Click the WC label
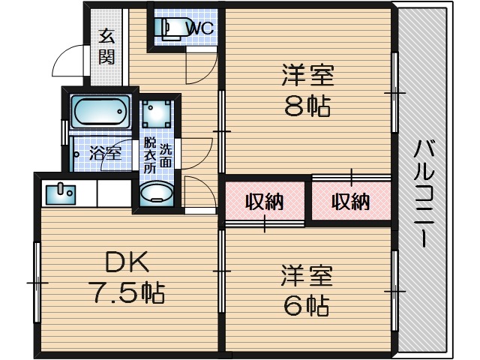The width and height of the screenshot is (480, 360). point(200,28)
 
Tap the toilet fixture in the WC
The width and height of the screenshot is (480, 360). point(169,28)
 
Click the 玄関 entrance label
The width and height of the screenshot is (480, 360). point(106,46)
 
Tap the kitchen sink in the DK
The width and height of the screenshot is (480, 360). point(58,193)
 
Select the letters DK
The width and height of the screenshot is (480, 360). point(127,262)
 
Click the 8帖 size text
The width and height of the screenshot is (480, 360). point(307,107)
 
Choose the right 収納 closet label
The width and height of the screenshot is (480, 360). point(350,201)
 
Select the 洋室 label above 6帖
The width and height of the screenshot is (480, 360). point(307,274)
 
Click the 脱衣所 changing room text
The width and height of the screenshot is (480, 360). point(150,155)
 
